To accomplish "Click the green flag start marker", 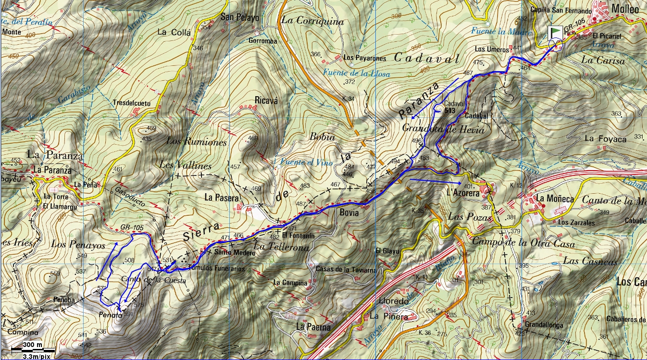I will [556, 32].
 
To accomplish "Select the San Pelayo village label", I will [239, 17].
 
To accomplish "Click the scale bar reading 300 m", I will [32, 345].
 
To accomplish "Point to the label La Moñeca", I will [554, 198].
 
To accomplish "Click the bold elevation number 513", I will [450, 110].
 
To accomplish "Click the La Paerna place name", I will [313, 327].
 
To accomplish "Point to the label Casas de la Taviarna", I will [339, 270].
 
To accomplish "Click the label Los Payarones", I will [365, 58].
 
